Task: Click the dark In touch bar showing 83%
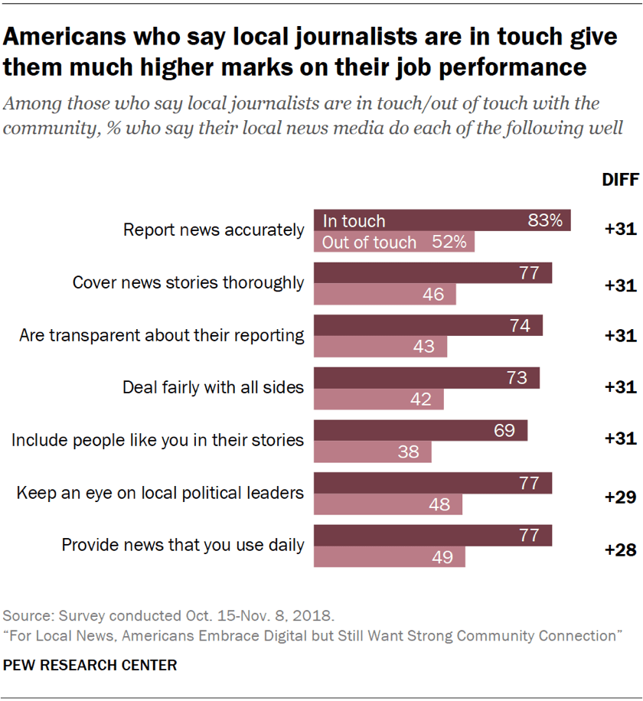point(442,220)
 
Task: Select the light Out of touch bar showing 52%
point(394,242)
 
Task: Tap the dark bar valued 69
point(420,431)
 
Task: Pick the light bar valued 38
point(373,452)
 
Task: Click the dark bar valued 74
point(428,325)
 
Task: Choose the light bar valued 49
point(390,556)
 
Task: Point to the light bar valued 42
point(379,399)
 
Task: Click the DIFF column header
point(619,181)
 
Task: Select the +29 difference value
point(620,497)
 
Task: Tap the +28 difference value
point(620,549)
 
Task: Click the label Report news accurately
point(214,230)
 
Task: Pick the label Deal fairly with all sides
point(214,387)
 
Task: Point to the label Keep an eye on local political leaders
point(161,493)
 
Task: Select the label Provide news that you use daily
point(183,546)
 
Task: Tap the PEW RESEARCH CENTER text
point(90,665)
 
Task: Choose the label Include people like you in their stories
point(158,440)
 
